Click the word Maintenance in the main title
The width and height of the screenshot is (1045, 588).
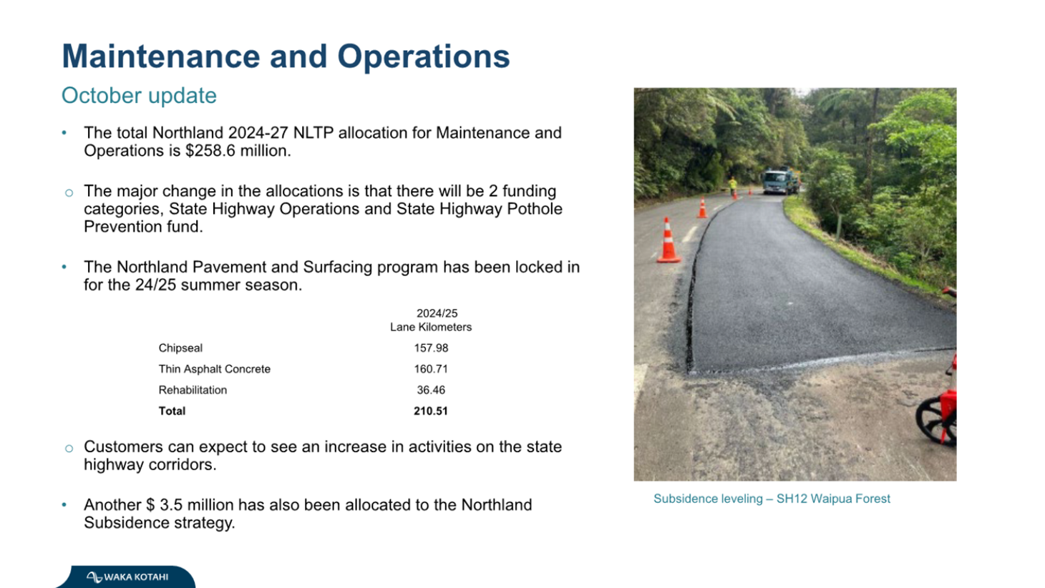tap(161, 57)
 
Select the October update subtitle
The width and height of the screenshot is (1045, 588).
tap(139, 96)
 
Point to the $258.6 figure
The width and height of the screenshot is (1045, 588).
tap(210, 151)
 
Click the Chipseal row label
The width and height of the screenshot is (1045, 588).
tap(180, 348)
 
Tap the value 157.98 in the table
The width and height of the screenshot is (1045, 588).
tap(431, 348)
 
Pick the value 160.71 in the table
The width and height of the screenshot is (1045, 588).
tap(431, 369)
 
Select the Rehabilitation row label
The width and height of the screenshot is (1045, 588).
tap(193, 391)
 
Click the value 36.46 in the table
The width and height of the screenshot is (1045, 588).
tap(431, 391)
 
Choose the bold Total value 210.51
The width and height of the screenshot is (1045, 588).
tap(431, 411)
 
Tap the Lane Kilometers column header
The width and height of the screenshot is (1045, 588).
tap(431, 328)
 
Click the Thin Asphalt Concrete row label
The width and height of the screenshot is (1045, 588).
tap(215, 369)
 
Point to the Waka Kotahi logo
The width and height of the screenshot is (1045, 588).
tap(127, 577)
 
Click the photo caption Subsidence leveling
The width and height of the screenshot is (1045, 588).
tap(708, 499)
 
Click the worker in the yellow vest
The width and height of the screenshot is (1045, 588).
tap(733, 185)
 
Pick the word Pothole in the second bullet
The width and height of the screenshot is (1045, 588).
tap(535, 209)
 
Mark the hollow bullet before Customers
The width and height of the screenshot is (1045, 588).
tap(69, 449)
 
